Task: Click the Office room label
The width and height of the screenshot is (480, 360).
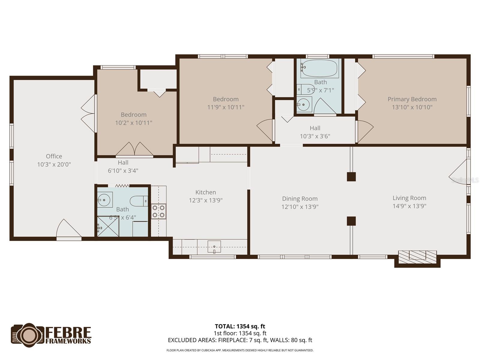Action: (x=54, y=156)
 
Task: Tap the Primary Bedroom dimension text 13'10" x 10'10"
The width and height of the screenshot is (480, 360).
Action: (x=412, y=107)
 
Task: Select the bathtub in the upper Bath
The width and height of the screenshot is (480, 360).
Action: (x=319, y=68)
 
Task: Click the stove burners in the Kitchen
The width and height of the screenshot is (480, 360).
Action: (x=158, y=211)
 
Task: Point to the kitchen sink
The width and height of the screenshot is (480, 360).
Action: (x=214, y=246)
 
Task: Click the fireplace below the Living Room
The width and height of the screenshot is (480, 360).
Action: (x=417, y=257)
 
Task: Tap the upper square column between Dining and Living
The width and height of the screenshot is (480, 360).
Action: (x=351, y=177)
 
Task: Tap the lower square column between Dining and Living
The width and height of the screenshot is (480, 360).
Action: (x=351, y=221)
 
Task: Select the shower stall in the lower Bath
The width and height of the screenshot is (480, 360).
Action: (x=108, y=227)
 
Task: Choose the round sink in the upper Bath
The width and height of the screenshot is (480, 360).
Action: (x=304, y=105)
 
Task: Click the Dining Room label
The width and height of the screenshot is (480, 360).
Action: (x=300, y=199)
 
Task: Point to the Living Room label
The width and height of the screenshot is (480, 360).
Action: (x=409, y=198)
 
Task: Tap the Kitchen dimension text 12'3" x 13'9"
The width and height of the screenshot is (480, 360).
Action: (x=205, y=200)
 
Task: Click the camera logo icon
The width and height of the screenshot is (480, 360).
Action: (x=27, y=335)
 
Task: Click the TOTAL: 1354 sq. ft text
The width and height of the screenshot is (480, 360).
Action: (x=240, y=326)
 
